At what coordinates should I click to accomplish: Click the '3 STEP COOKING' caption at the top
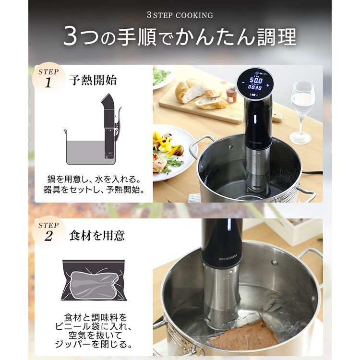coord(180,15)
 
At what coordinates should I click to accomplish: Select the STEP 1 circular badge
coord(48,78)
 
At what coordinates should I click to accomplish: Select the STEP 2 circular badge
coord(48,230)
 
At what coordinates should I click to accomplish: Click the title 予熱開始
coord(93,80)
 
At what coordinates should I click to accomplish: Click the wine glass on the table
coord(302,110)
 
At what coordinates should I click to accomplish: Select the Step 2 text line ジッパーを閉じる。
coord(96,345)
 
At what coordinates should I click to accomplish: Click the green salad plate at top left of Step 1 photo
coord(162,77)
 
